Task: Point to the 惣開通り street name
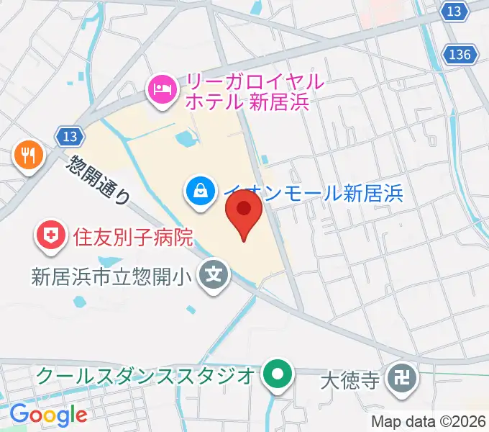[x=99, y=179]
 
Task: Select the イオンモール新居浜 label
[x=313, y=192]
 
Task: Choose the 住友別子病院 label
[x=133, y=236]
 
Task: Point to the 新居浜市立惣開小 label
[x=114, y=275]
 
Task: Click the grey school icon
[x=214, y=275]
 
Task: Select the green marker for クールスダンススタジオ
[x=276, y=375]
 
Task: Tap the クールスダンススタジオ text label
[x=144, y=375]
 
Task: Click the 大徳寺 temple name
[x=349, y=377]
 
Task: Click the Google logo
[x=48, y=415]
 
